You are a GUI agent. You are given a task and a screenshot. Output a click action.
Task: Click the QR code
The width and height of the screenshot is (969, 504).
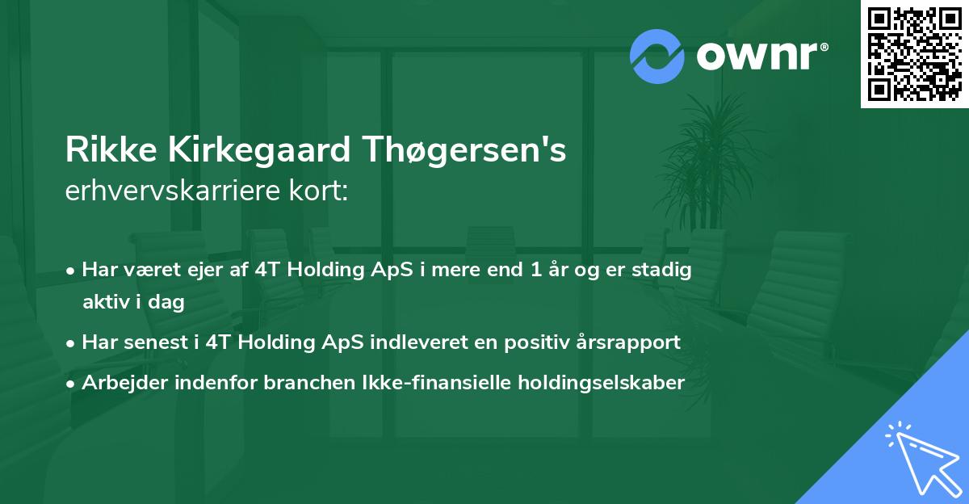point(915,54)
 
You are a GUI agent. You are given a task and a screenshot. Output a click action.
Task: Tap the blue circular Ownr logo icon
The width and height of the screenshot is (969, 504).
point(656,57)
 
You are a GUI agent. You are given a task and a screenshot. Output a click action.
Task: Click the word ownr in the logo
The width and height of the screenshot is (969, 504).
point(757,56)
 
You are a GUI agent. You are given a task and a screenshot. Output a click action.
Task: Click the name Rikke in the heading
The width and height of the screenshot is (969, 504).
point(111,149)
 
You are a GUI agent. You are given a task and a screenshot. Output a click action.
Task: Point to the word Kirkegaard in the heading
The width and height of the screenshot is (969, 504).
point(259,149)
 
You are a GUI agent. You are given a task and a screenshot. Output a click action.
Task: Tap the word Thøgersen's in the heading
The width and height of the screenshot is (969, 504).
point(464,149)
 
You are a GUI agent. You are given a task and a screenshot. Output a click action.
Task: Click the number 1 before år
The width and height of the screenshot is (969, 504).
point(535,270)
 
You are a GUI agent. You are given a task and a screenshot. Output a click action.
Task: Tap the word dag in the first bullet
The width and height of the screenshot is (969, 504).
point(166,302)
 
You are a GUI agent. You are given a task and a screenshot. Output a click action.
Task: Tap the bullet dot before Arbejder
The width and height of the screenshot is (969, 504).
point(70,384)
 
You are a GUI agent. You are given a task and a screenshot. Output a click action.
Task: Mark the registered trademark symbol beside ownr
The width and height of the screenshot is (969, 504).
point(824,47)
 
